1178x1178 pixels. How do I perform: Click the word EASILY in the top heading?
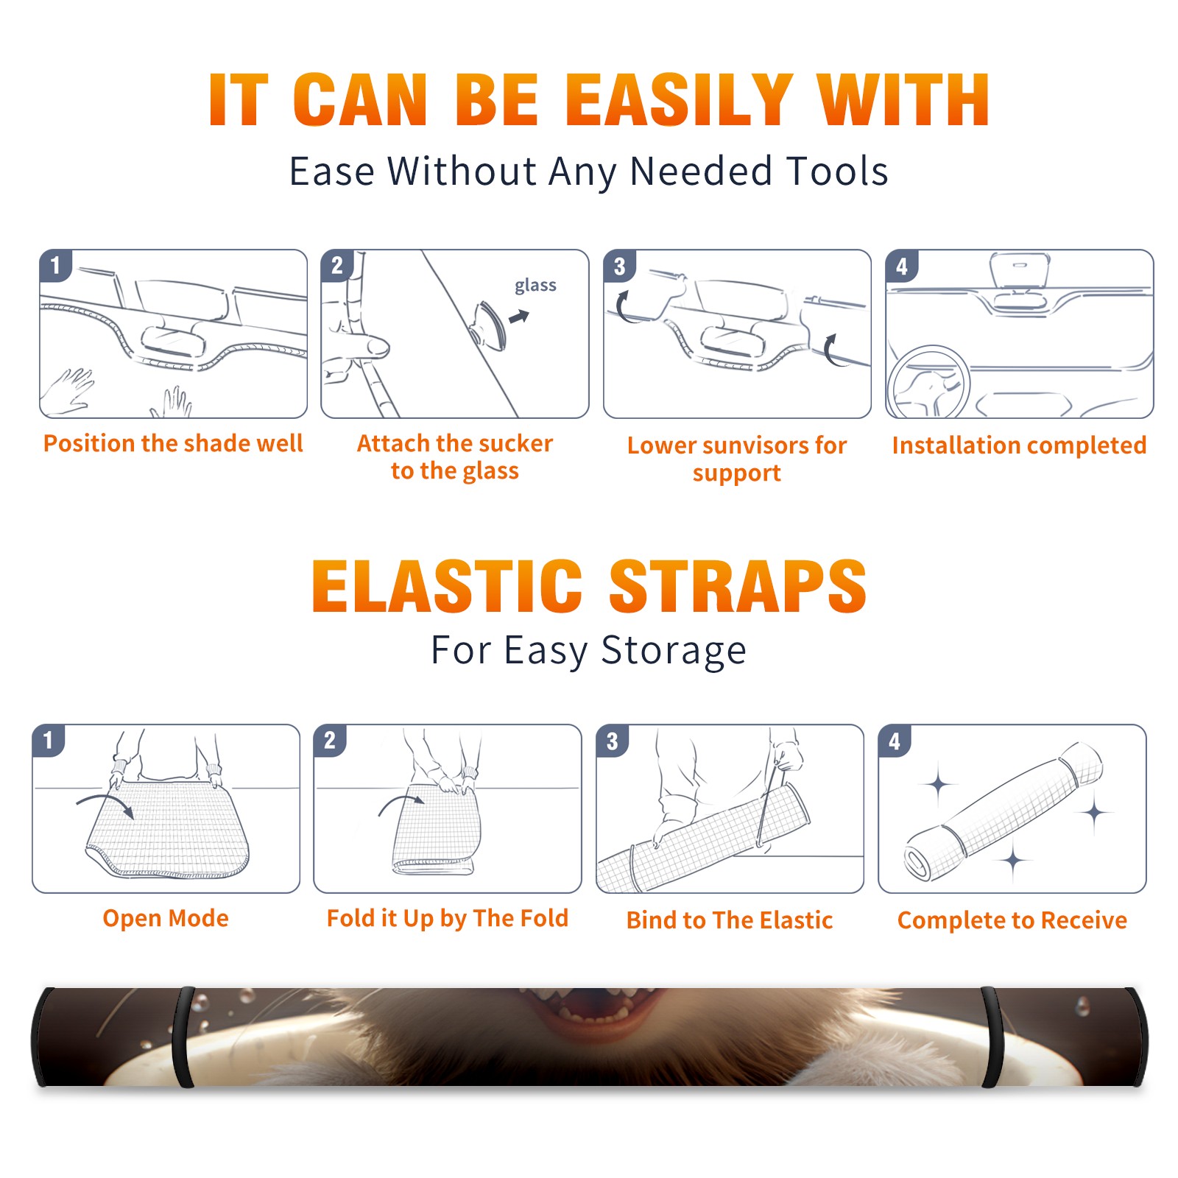pyautogui.click(x=680, y=100)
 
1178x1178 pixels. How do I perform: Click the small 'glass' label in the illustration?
pyautogui.click(x=535, y=286)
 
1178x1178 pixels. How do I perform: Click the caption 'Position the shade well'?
pyautogui.click(x=173, y=443)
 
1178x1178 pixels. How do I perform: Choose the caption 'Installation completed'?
pyautogui.click(x=1019, y=445)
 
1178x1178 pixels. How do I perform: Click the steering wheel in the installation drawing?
pyautogui.click(x=928, y=381)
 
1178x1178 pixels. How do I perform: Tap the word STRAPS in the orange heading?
pyautogui.click(x=738, y=586)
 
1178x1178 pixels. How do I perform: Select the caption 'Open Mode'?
pyautogui.click(x=166, y=918)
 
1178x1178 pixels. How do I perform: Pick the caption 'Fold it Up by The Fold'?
pyautogui.click(x=448, y=919)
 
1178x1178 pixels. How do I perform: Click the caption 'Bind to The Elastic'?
pyautogui.click(x=730, y=920)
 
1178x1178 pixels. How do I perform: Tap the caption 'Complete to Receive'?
pyautogui.click(x=1012, y=920)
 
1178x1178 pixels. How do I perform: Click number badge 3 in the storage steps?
pyautogui.click(x=613, y=741)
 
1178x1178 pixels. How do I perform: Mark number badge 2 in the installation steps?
pyautogui.click(x=337, y=265)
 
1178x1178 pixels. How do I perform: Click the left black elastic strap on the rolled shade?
pyautogui.click(x=184, y=1037)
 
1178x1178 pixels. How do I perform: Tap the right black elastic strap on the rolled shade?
pyautogui.click(x=992, y=1037)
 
